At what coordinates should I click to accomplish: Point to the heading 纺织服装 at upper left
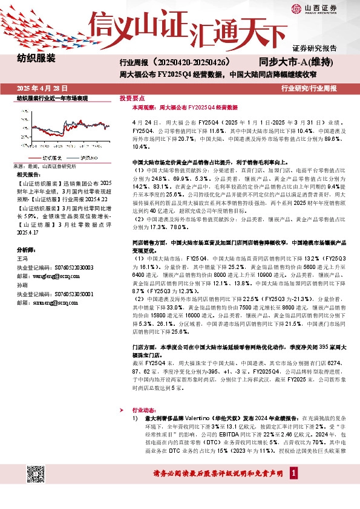(36, 59)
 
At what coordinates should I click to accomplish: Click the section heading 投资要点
(132, 97)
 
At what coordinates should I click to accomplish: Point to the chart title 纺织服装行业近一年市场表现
(51, 98)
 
